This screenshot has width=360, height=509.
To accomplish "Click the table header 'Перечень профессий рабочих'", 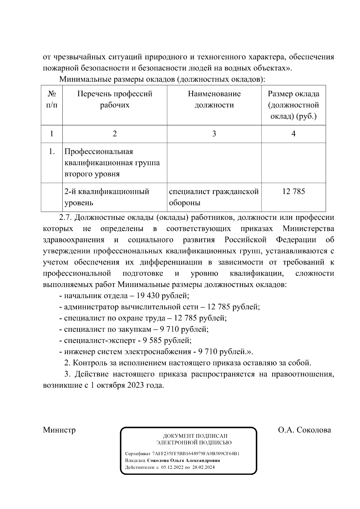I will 115,100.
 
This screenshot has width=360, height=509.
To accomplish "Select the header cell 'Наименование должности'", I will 214,100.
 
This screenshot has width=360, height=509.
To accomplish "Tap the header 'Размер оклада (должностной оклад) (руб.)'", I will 293,105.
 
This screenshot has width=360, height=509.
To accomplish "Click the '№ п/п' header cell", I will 52,100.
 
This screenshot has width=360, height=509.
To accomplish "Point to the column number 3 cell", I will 214,134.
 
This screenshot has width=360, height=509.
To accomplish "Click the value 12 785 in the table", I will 293,192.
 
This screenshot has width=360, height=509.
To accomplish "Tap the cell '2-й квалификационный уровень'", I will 107,197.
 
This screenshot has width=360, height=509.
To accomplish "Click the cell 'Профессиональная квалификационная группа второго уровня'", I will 112,163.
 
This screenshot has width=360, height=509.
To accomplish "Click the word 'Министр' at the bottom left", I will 59,430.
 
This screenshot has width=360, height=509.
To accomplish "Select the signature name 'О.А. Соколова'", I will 304,430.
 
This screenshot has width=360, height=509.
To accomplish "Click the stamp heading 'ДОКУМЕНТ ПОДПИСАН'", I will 195,436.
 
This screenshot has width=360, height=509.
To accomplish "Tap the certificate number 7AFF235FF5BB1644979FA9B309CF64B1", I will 196,454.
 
